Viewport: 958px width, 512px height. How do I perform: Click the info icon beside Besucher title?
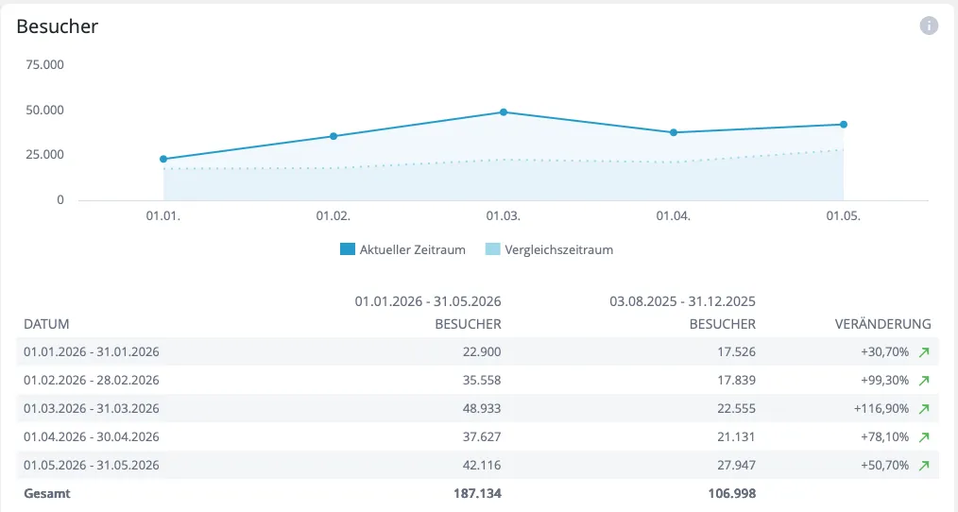(929, 26)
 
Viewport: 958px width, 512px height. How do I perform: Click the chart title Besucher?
(58, 26)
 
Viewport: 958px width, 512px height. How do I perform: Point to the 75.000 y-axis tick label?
(44, 65)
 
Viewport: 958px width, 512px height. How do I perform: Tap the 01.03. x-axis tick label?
(503, 216)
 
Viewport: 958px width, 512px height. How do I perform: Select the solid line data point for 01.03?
(504, 112)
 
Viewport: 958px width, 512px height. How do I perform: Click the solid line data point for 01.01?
(163, 160)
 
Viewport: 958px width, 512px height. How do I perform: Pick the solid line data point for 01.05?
(844, 125)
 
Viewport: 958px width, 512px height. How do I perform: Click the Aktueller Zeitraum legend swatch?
(348, 249)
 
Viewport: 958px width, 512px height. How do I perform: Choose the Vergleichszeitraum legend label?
(559, 250)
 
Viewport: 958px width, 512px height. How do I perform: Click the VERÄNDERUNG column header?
(882, 324)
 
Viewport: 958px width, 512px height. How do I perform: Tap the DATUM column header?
(46, 324)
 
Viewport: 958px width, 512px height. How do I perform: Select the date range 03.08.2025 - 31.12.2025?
(682, 301)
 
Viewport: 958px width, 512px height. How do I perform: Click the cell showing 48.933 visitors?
(482, 409)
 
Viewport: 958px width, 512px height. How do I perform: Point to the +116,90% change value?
(881, 409)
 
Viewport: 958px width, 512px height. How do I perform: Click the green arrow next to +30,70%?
(924, 352)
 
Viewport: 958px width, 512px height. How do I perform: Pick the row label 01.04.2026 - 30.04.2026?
(92, 436)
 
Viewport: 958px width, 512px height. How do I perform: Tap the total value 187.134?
(477, 494)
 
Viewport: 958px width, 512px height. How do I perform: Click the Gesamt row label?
(47, 494)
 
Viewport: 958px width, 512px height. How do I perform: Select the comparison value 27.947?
(736, 465)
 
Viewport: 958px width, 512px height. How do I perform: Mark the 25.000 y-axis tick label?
(44, 155)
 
